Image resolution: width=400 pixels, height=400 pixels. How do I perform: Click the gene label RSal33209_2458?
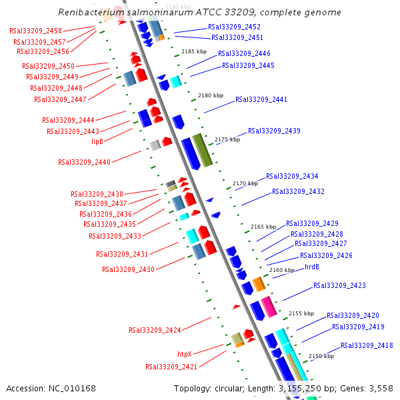click(36, 31)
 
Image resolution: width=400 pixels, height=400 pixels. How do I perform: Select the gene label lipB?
click(97, 141)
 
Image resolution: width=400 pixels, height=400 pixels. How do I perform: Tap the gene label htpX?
click(185, 354)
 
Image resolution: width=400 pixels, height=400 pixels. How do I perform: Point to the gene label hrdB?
click(312, 267)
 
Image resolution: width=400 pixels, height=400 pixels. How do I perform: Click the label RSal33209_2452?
click(234, 27)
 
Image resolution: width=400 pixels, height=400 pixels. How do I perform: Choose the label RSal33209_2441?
click(261, 99)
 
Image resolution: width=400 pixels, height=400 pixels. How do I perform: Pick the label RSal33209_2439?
click(274, 131)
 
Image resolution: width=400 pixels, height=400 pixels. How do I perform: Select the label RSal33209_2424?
click(155, 330)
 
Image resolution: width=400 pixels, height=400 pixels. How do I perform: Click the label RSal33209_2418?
click(367, 345)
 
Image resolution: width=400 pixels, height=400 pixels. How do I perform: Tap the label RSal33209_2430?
click(128, 269)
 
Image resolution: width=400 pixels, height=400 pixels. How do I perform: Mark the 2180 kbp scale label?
click(211, 95)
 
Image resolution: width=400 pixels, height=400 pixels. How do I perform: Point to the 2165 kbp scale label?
click(263, 227)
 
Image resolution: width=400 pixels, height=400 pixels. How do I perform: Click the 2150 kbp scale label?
click(321, 356)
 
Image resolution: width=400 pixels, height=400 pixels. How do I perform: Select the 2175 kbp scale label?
click(227, 139)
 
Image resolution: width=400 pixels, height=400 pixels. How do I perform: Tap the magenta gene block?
click(268, 307)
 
